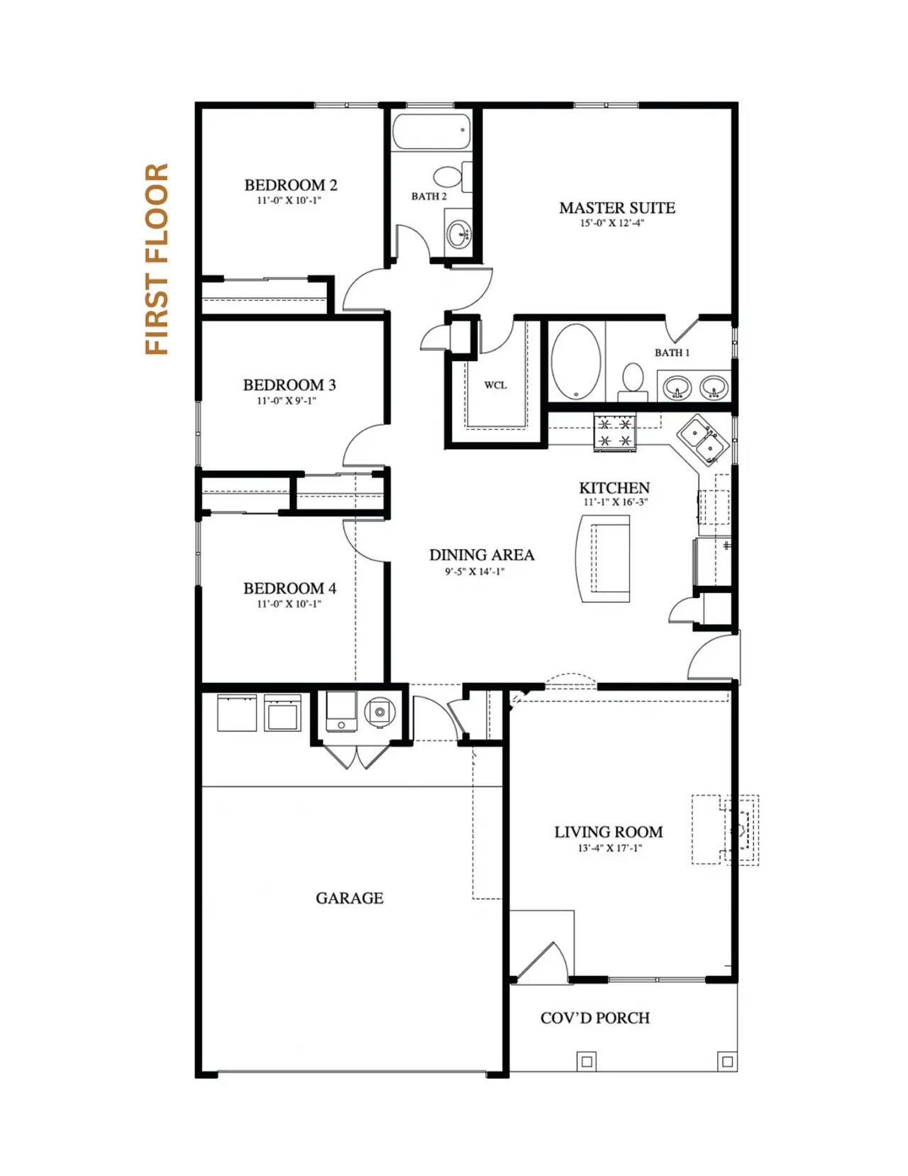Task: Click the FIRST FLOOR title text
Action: pos(157,259)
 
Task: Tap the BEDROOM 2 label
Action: pos(291,185)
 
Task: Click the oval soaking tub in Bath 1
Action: pos(575,361)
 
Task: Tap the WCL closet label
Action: pos(495,385)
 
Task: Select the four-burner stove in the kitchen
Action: pos(615,433)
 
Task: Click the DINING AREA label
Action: pos(482,555)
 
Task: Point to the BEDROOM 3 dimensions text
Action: pos(287,401)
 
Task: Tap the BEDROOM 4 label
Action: pos(289,588)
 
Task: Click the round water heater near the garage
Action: pos(380,711)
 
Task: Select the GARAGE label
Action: pos(349,898)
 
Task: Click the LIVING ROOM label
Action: pos(609,832)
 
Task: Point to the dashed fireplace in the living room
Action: pos(726,829)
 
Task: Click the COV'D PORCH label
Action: pos(595,1018)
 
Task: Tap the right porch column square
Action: pos(726,1062)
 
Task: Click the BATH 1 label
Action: pos(672,353)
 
